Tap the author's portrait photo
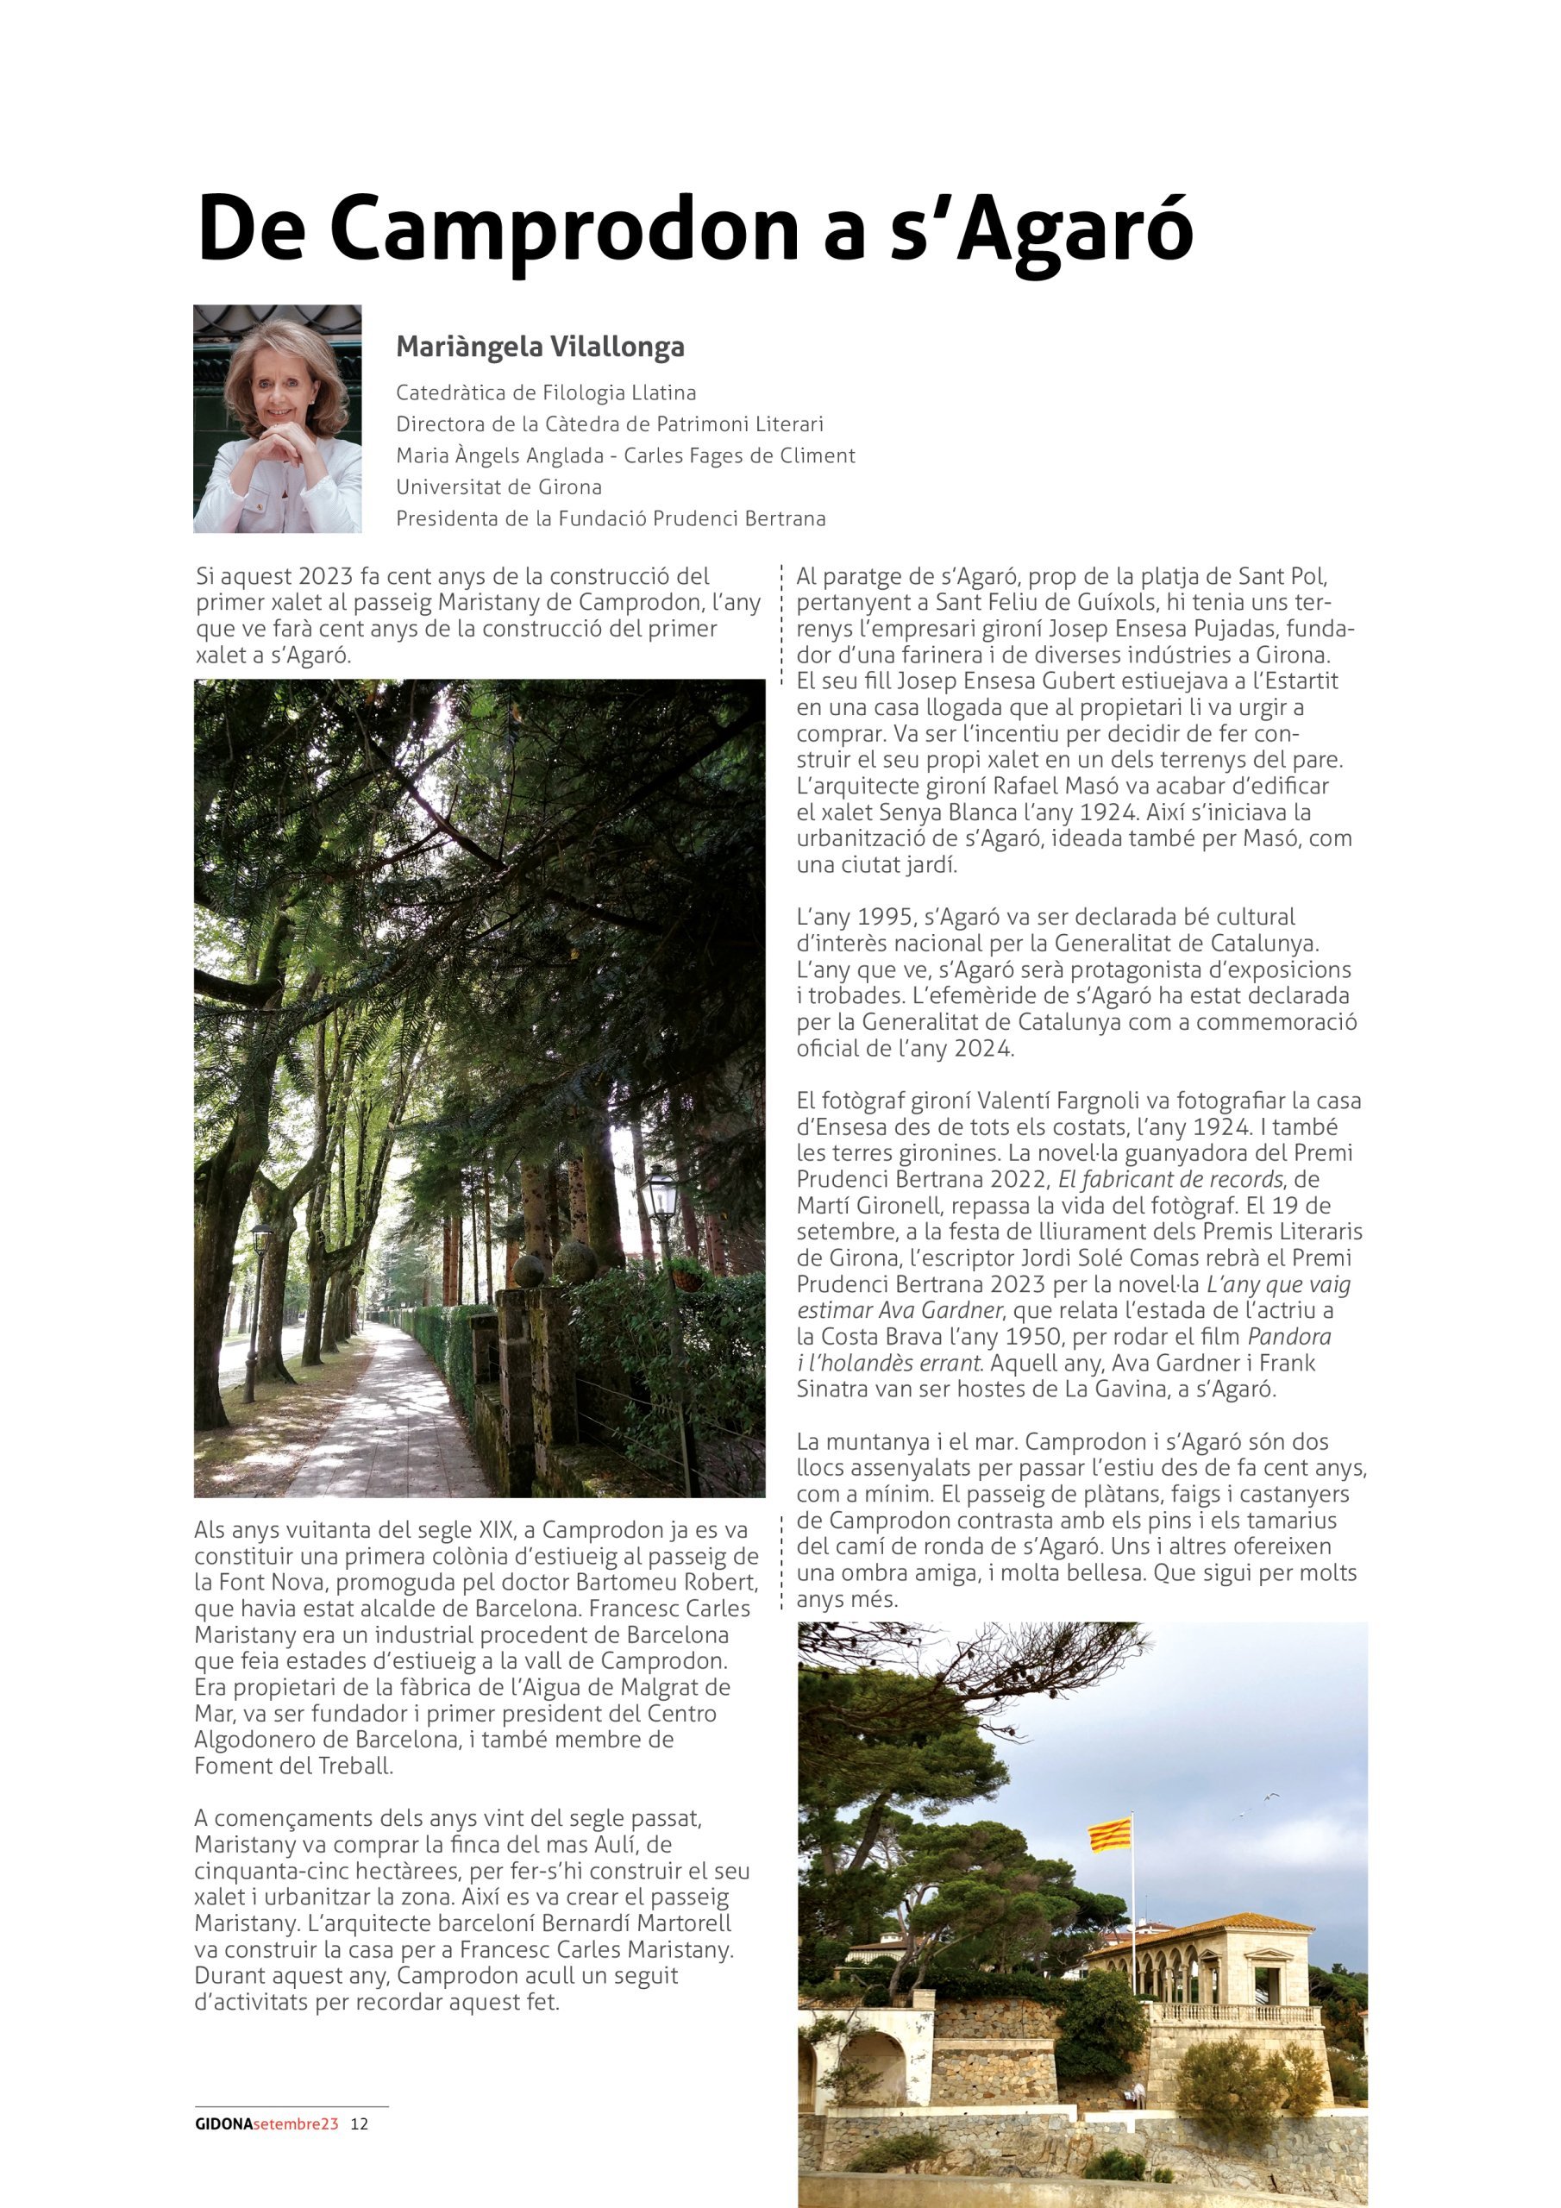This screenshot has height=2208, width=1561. point(277,419)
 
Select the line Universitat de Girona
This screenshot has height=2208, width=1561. point(498,486)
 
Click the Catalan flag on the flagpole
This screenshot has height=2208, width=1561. point(1109,1835)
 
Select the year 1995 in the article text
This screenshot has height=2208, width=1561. point(885,917)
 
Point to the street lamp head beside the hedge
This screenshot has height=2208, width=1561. point(661,1195)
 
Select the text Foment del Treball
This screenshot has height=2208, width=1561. point(292,1766)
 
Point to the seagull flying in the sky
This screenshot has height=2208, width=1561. point(1269,1797)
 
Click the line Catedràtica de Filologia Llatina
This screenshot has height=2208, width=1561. point(545,392)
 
